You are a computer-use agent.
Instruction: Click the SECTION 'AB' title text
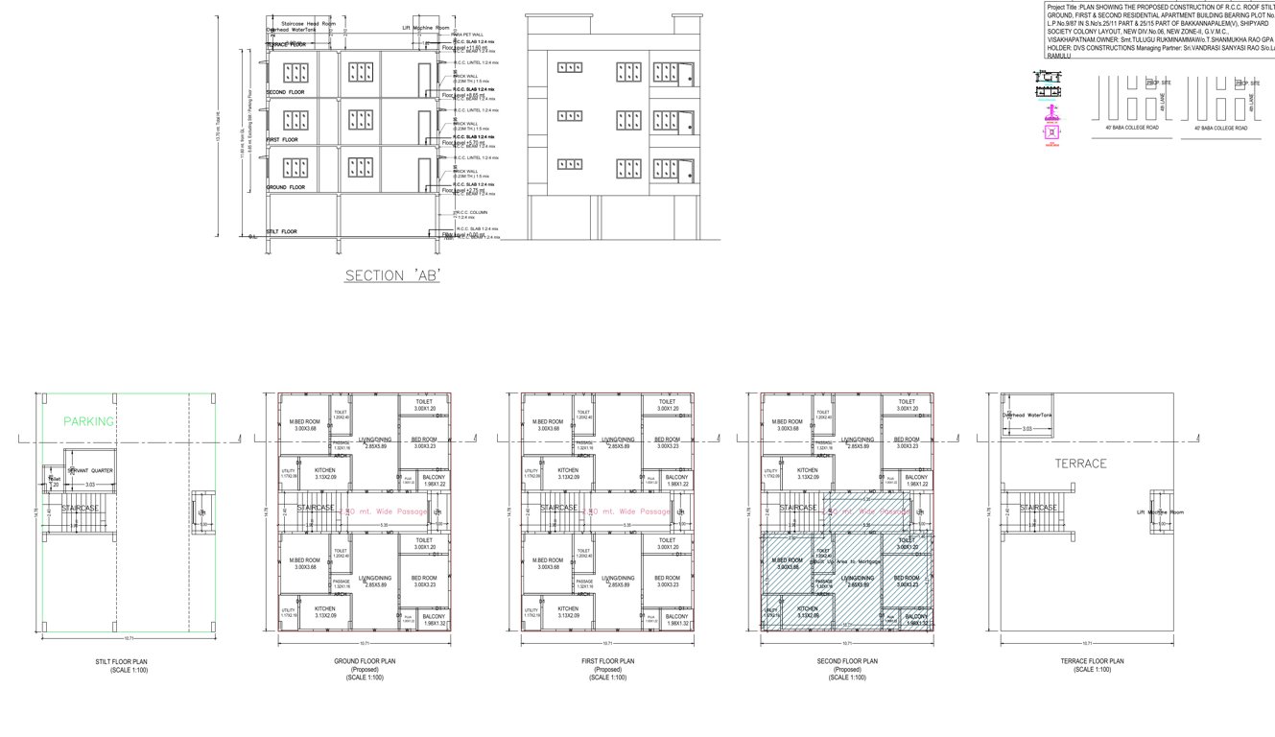392,275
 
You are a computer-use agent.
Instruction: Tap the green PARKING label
88,421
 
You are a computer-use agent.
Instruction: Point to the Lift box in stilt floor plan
201,513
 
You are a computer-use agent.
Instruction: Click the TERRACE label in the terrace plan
1080,464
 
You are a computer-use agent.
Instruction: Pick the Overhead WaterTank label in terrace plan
1027,415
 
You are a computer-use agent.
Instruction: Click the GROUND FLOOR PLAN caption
365,661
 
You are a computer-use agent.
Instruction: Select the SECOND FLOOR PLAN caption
845,661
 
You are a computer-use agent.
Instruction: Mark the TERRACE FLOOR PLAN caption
1092,661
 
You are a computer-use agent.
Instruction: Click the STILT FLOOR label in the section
281,231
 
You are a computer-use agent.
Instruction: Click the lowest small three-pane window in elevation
570,164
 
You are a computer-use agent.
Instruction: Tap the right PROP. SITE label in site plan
1247,83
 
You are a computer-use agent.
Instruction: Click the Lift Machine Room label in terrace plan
1161,512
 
